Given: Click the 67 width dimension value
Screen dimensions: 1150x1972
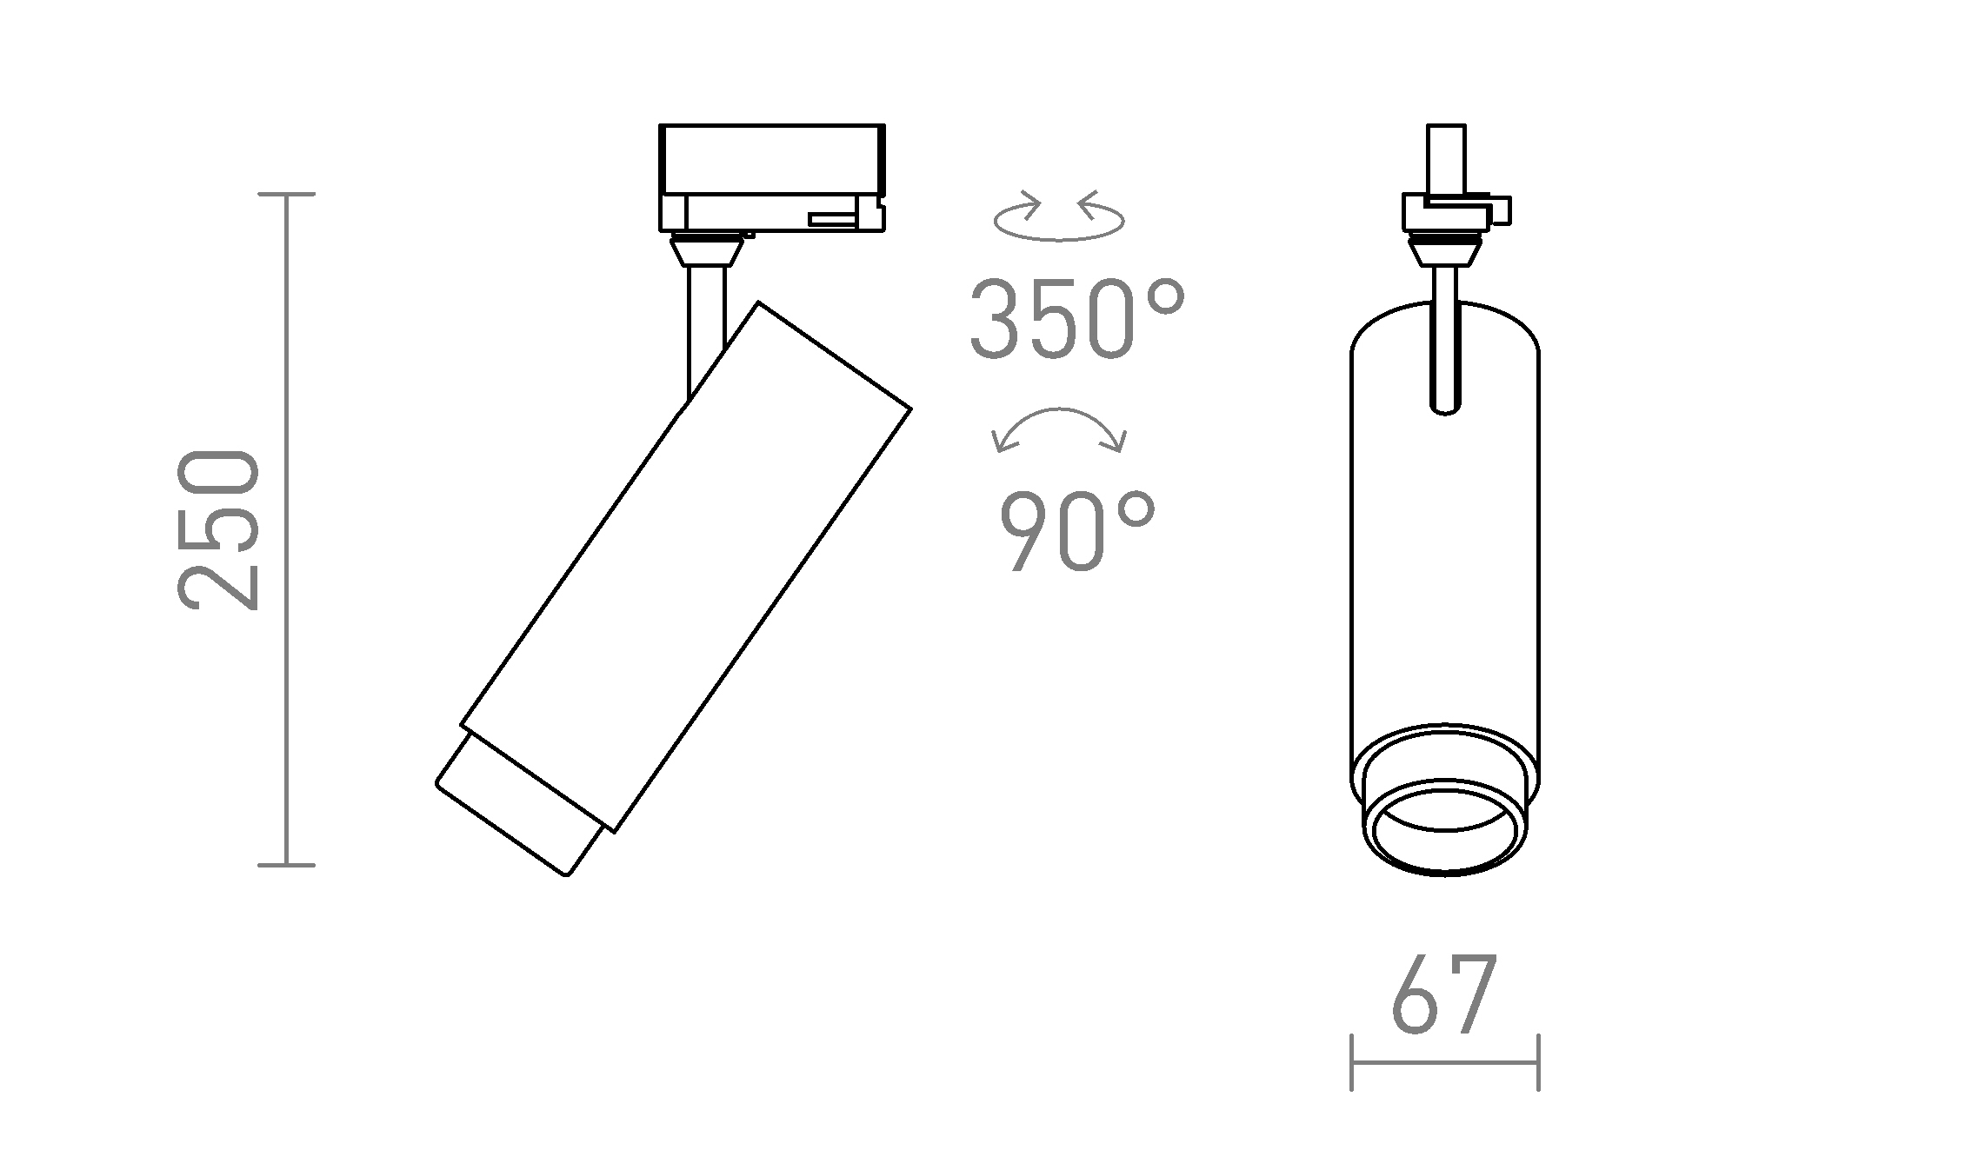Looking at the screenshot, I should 1444,995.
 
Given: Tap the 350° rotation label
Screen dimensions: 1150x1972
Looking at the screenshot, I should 1076,319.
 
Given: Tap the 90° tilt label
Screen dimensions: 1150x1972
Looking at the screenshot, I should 1076,531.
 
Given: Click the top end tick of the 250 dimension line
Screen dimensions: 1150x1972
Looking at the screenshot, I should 287,195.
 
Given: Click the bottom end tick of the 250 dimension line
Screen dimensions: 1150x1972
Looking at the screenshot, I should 287,865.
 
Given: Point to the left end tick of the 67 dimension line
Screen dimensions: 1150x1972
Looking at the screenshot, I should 1351,1061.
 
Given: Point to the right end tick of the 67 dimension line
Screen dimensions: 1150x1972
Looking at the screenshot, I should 1538,1061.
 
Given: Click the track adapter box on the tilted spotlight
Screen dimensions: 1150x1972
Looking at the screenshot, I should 771,178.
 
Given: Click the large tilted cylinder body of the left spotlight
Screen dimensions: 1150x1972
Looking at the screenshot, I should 687,565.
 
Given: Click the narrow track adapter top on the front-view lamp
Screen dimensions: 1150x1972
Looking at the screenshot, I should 1445,161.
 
